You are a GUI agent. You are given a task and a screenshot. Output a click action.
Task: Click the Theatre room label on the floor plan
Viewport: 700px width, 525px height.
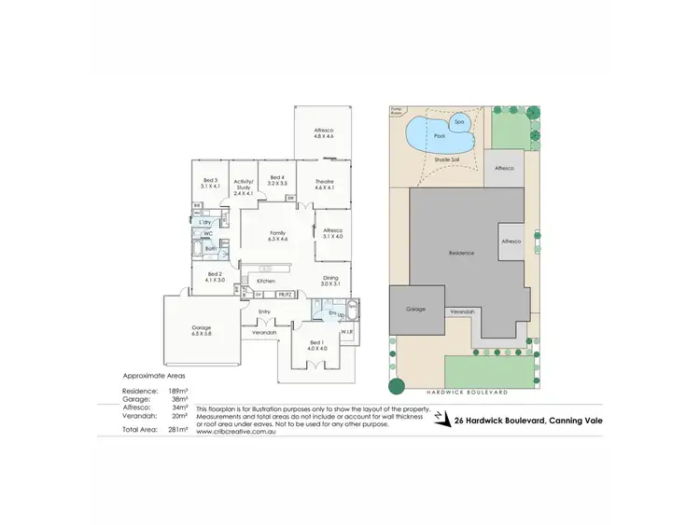point(324,184)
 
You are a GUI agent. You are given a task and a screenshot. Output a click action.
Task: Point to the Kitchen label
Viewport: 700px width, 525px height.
point(265,281)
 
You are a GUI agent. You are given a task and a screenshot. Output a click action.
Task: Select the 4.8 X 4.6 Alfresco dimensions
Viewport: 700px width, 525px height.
point(324,137)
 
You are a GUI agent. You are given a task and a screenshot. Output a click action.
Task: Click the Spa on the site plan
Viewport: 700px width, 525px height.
point(458,122)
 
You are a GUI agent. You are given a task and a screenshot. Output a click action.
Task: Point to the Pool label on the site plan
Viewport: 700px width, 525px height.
point(441,136)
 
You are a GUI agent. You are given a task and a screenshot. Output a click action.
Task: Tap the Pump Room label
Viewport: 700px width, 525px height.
point(395,109)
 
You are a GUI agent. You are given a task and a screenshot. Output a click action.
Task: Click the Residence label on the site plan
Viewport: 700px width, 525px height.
point(461,253)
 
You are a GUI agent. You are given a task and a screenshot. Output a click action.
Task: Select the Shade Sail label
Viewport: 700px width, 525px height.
point(447,160)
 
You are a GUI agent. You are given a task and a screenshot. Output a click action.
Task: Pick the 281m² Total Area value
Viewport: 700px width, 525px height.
point(177,429)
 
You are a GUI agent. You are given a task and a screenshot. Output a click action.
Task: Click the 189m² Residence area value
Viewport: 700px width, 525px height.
point(177,390)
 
